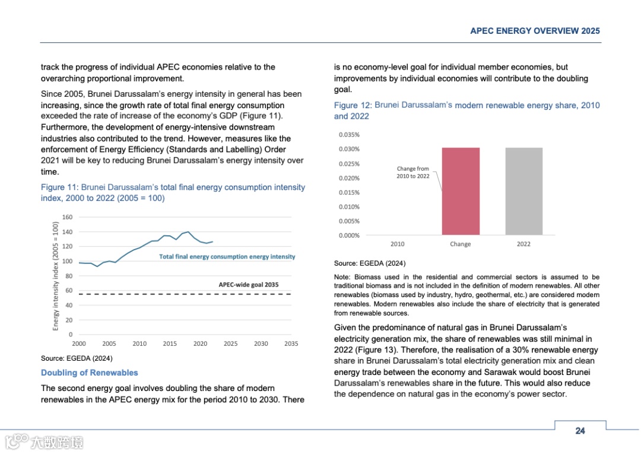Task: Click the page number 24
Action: (580, 431)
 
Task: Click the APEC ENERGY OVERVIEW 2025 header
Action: (535, 31)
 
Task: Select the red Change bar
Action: (461, 191)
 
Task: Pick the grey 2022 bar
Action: (523, 191)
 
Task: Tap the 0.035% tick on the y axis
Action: (349, 135)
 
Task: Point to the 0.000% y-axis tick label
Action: (349, 235)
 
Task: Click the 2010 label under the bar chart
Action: (398, 244)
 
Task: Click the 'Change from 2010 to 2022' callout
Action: (413, 172)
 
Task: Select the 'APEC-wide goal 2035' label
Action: (248, 285)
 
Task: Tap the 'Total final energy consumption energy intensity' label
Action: (227, 257)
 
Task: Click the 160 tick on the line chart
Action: (67, 217)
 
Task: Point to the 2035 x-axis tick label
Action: (291, 343)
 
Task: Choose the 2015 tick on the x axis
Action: (170, 343)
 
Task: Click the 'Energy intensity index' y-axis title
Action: (56, 276)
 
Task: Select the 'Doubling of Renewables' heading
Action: (89, 373)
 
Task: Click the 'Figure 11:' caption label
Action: (59, 187)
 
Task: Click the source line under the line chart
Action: (77, 358)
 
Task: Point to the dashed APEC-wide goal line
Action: (178, 294)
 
